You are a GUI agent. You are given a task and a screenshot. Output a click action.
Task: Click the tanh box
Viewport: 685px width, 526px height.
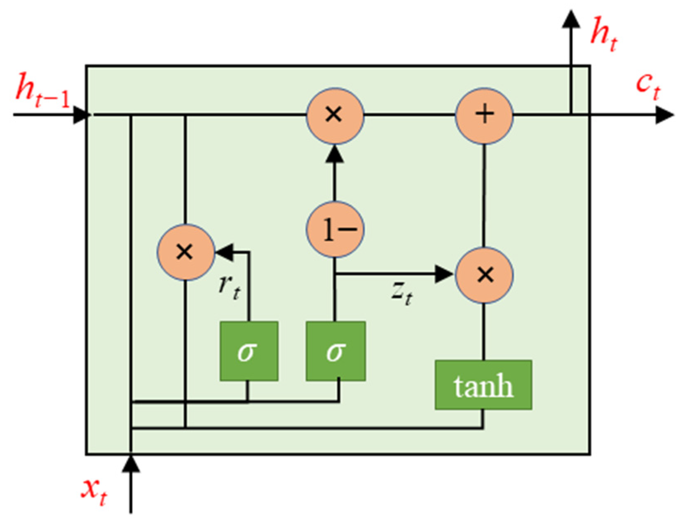[483, 385]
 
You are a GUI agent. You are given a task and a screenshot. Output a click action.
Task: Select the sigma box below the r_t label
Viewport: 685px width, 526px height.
[249, 351]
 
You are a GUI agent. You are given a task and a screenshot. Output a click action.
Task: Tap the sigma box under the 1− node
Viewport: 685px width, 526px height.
[335, 351]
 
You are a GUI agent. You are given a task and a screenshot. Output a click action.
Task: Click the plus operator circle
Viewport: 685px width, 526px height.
[484, 115]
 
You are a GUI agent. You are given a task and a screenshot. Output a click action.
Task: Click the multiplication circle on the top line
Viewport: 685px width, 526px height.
[335, 115]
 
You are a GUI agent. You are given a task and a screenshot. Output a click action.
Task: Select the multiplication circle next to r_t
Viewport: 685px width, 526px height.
[185, 252]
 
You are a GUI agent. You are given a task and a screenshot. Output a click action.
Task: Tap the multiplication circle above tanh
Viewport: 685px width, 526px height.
[484, 275]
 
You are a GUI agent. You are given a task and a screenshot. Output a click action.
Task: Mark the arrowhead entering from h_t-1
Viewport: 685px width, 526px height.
[81, 115]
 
